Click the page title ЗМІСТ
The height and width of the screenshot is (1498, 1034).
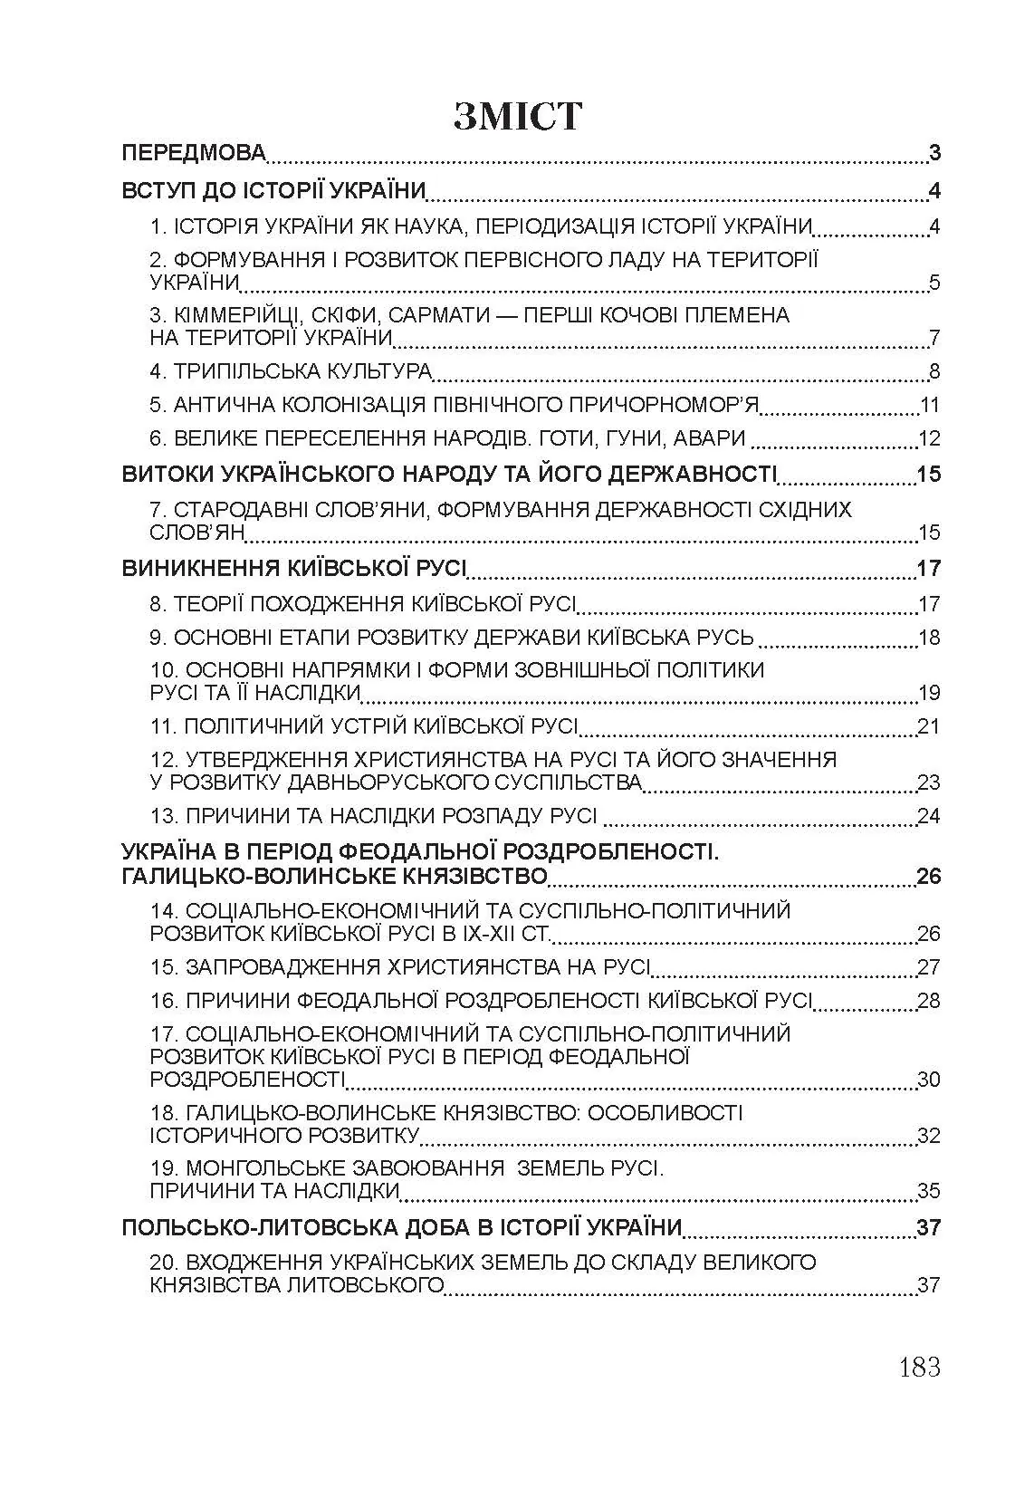(x=517, y=117)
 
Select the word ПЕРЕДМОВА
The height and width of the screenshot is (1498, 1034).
(x=194, y=153)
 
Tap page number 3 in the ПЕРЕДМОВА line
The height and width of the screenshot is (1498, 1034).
(x=934, y=153)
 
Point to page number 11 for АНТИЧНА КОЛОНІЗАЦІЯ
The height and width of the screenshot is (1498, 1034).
(x=929, y=405)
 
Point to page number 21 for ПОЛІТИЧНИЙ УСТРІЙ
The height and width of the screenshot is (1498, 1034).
(x=929, y=726)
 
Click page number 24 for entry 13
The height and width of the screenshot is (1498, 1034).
(x=929, y=816)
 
